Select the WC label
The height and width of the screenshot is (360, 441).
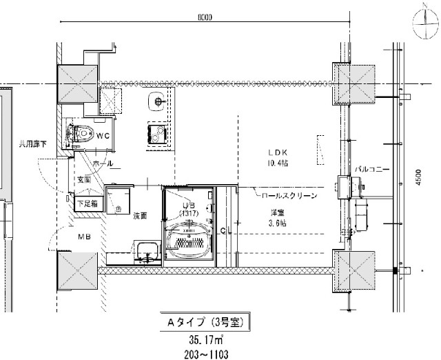tap(103, 135)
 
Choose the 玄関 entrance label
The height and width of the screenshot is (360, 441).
tap(84, 179)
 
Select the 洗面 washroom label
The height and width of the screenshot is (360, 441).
tap(141, 216)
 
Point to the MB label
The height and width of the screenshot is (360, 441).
tap(84, 237)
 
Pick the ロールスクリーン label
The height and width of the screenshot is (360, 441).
tap(289, 196)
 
